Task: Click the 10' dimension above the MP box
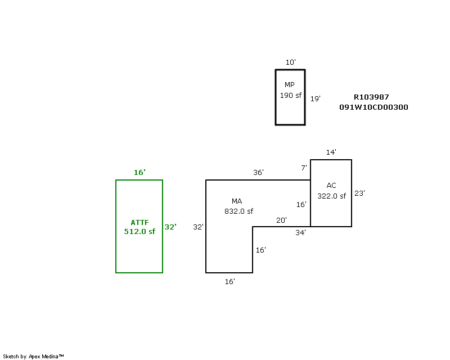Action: [x=290, y=62]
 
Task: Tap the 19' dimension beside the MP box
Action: [x=316, y=98]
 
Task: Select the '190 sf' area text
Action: [x=290, y=95]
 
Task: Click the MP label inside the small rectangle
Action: [x=290, y=85]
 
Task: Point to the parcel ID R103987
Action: [x=371, y=97]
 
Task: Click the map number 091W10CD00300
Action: [x=373, y=107]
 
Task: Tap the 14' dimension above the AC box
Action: [x=331, y=152]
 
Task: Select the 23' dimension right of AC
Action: [x=359, y=193]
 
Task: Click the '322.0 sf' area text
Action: [x=331, y=196]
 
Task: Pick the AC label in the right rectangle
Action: [x=331, y=185]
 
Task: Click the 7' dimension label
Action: [x=304, y=168]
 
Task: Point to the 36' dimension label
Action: [x=258, y=173]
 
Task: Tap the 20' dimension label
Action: [x=281, y=220]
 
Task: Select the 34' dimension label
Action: [x=301, y=232]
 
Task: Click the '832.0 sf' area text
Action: [x=238, y=211]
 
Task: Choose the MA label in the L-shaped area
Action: [x=237, y=201]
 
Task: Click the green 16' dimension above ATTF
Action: [x=139, y=173]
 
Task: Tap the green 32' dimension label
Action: [x=170, y=227]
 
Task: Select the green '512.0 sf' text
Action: [x=139, y=231]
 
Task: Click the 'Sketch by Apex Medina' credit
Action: [x=34, y=356]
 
